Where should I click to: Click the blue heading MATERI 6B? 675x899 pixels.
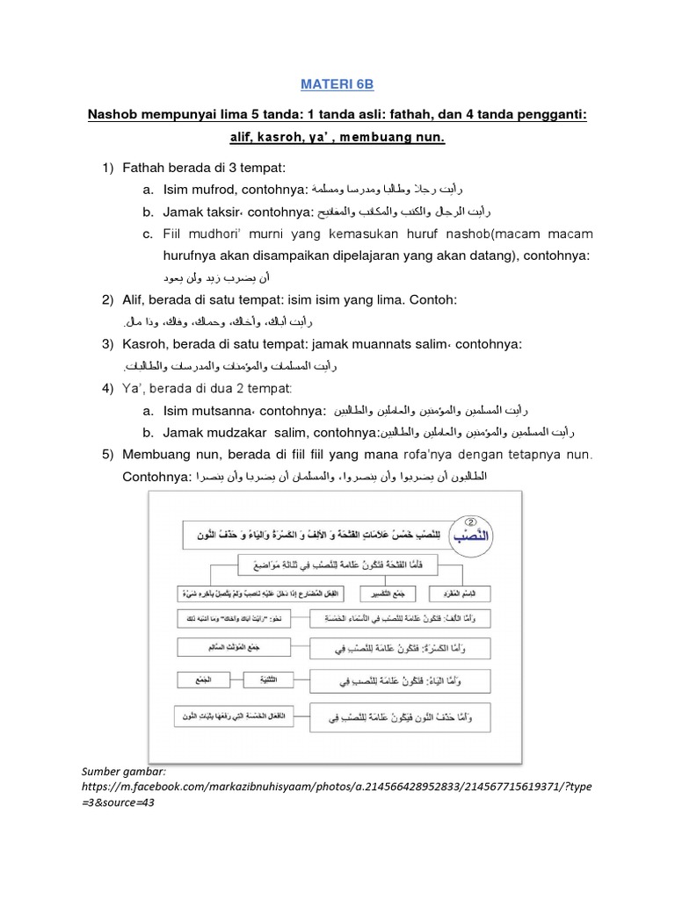click(x=337, y=84)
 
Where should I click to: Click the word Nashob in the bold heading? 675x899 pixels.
click(x=115, y=116)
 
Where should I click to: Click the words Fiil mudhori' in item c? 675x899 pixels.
click(x=205, y=234)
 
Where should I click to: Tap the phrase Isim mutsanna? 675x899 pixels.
click(x=207, y=410)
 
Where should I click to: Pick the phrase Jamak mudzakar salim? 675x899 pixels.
click(x=234, y=433)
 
